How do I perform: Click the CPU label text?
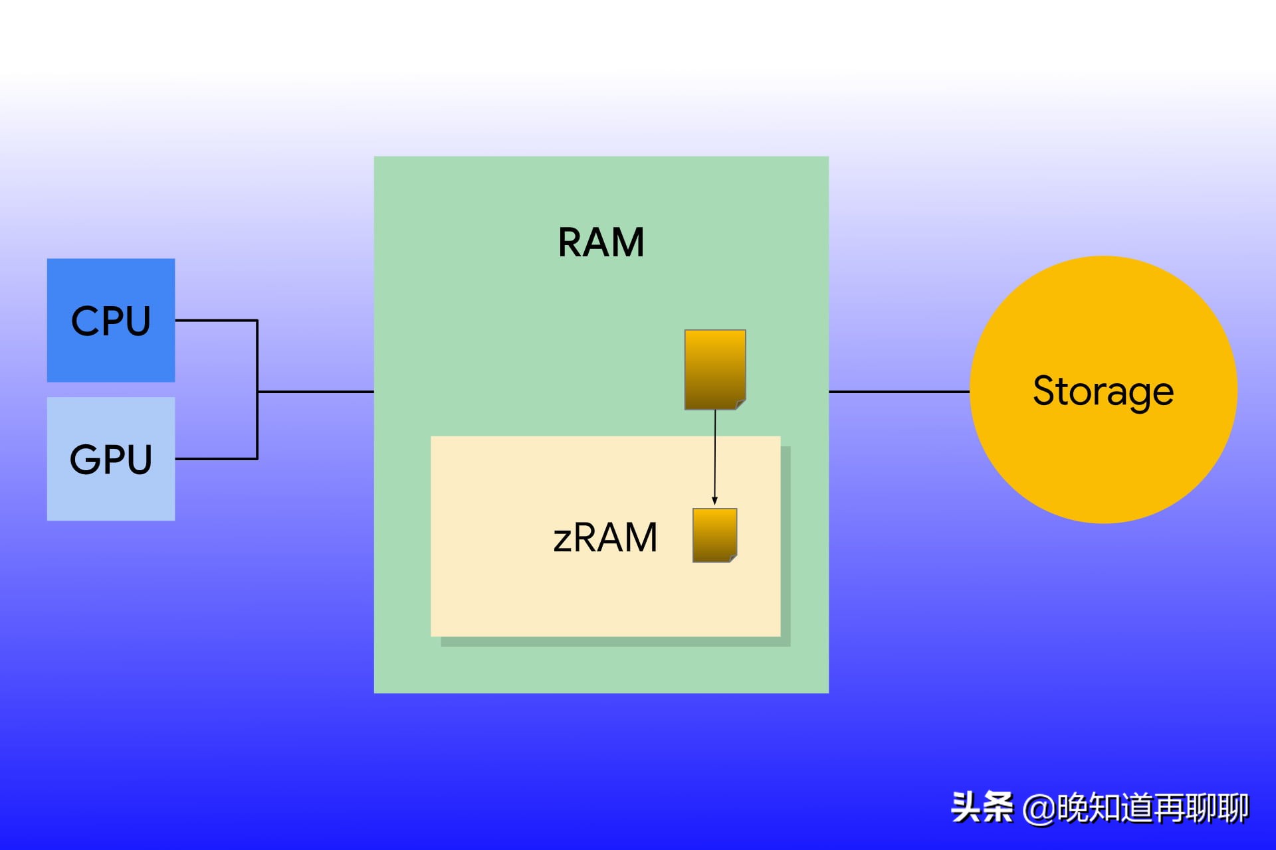point(111,321)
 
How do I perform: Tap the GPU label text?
point(111,460)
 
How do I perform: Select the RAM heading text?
point(601,242)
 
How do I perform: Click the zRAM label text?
point(605,537)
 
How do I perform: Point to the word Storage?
point(1103,390)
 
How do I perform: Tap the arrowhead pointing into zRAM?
point(715,501)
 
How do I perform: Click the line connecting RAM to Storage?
point(899,392)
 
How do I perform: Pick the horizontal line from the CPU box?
point(216,321)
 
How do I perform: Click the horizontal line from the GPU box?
point(216,459)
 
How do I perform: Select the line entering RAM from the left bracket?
point(316,392)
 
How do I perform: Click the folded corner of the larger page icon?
point(740,404)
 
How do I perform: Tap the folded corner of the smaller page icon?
point(733,558)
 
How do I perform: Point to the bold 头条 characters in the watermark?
point(982,807)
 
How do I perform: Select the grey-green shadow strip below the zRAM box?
point(615,641)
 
